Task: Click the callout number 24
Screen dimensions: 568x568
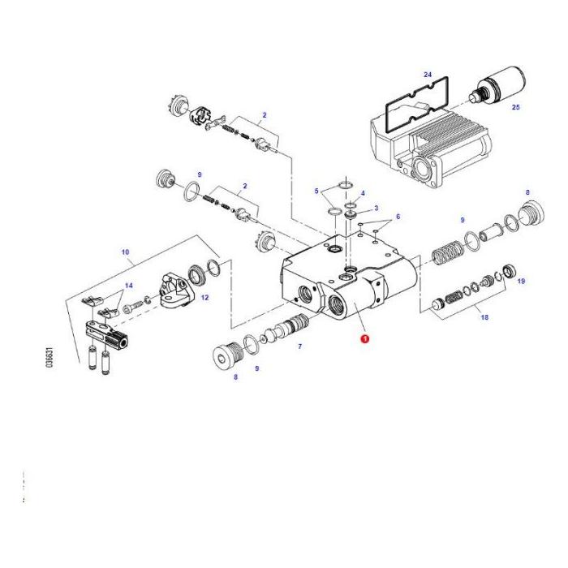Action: (x=428, y=74)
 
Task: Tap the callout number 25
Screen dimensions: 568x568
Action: (x=515, y=106)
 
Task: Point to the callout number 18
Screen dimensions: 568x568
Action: (x=484, y=317)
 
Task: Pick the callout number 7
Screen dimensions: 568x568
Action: (x=300, y=346)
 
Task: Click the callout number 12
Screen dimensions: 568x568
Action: (x=204, y=298)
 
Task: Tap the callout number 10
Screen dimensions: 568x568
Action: (x=126, y=252)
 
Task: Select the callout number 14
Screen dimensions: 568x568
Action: (x=127, y=286)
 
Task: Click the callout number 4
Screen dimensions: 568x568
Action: (x=363, y=193)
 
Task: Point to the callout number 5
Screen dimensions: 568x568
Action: (x=317, y=191)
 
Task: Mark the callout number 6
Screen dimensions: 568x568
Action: (x=398, y=218)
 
